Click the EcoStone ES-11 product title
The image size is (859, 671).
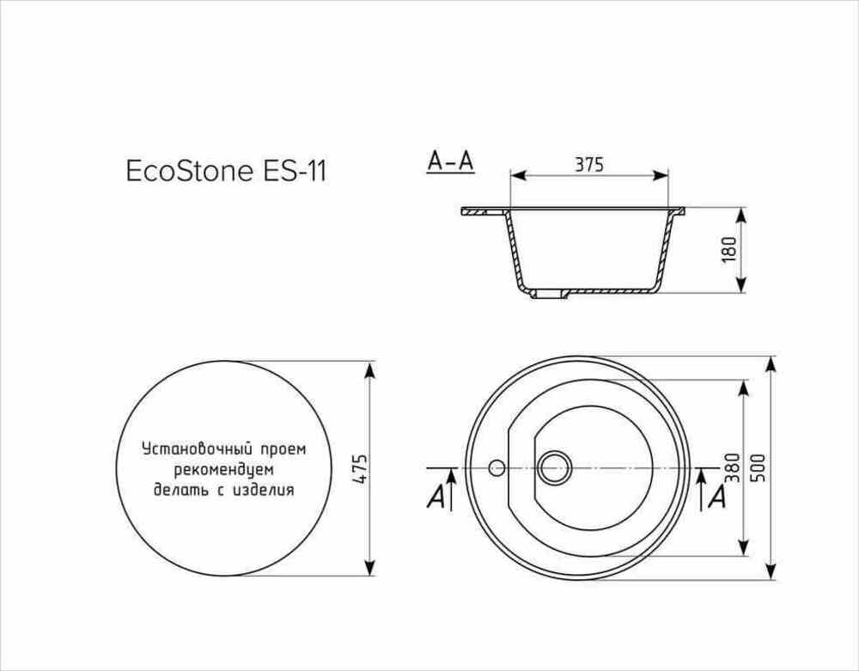(x=226, y=171)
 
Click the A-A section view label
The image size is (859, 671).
(x=450, y=162)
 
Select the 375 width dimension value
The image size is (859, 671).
(x=589, y=164)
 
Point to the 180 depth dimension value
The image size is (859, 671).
(x=729, y=249)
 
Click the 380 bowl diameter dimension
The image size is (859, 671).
(x=733, y=467)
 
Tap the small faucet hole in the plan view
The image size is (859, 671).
(x=497, y=467)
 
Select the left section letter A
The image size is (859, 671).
(x=436, y=497)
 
